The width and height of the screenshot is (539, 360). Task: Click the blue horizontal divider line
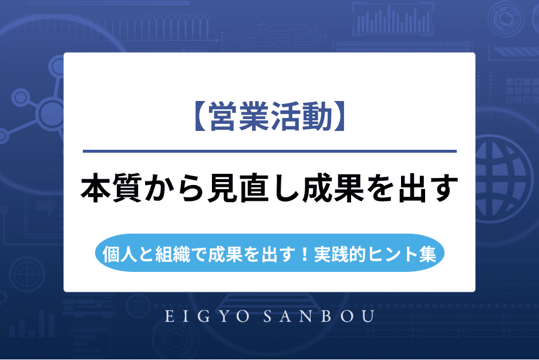269,152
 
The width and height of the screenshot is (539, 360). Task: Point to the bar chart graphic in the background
376,21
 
